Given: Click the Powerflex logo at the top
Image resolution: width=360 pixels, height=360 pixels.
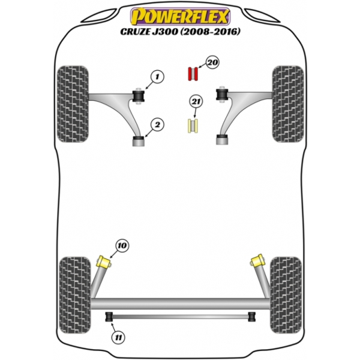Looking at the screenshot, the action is (x=180, y=16).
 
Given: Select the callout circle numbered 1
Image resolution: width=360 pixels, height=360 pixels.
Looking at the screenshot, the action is (x=157, y=77).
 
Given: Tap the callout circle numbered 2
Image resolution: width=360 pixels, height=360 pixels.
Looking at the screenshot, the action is (x=157, y=125).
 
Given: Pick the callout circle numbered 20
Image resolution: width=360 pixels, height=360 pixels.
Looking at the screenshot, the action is (x=212, y=62).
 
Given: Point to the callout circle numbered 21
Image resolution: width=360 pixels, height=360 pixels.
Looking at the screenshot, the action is (x=196, y=102).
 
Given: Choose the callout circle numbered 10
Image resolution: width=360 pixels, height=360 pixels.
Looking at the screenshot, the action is (x=122, y=246).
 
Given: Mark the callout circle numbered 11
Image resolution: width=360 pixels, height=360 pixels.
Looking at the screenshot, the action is (x=119, y=338).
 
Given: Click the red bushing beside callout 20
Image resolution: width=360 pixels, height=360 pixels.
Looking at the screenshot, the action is (x=193, y=74).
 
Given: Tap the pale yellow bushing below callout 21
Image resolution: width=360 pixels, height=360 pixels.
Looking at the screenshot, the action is (x=193, y=125).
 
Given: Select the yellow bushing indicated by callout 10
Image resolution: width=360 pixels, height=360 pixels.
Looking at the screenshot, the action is (x=104, y=262).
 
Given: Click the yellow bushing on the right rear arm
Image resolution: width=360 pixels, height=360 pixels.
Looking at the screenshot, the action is (x=257, y=260).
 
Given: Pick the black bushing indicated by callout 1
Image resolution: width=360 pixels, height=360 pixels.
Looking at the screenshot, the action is (x=139, y=96).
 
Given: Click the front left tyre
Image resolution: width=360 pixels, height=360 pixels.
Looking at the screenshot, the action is (x=73, y=104).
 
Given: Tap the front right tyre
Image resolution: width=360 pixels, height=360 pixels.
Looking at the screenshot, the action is (x=288, y=104).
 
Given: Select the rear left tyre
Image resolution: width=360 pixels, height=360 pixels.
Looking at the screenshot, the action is (x=75, y=295).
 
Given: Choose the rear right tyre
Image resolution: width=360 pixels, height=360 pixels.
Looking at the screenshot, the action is (x=286, y=295).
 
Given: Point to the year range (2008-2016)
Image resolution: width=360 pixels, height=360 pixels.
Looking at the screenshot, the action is (x=210, y=32).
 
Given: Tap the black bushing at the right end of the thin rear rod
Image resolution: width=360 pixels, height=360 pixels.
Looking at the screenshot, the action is (x=252, y=317).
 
